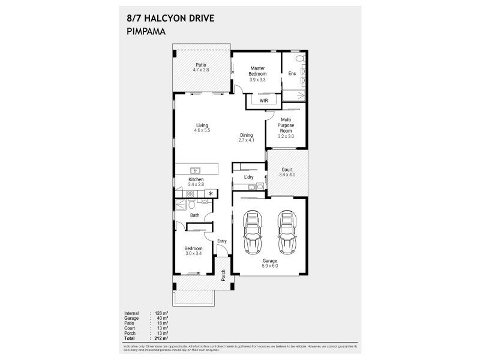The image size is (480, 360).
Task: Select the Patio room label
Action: pyautogui.click(x=200, y=65)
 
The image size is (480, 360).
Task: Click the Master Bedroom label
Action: pyautogui.click(x=257, y=71)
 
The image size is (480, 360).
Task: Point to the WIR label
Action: pyautogui.click(x=263, y=101)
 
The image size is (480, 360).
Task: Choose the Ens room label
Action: pyautogui.click(x=292, y=73)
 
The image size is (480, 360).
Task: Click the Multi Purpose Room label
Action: pyautogui.click(x=286, y=125)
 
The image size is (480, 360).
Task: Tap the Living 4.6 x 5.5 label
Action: pyautogui.click(x=202, y=128)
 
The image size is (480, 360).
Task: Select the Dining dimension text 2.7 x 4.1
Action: pyautogui.click(x=247, y=140)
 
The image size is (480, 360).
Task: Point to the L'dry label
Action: pyautogui.click(x=248, y=178)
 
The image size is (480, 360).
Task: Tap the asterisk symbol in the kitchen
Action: pyautogui.click(x=211, y=193)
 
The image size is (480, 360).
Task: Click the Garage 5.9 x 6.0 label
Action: pyautogui.click(x=269, y=263)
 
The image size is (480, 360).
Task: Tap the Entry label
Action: pyautogui.click(x=222, y=241)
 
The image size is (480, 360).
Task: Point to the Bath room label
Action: pyautogui.click(x=195, y=215)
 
